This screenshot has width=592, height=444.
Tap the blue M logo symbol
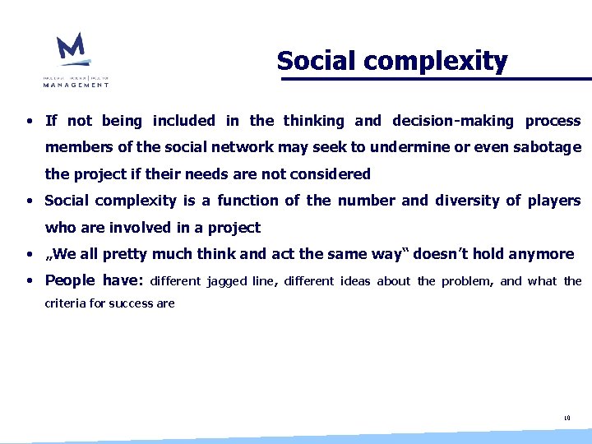pyautogui.click(x=72, y=49)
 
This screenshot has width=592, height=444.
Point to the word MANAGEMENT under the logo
pyautogui.click(x=76, y=84)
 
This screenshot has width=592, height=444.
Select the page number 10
pyautogui.click(x=567, y=419)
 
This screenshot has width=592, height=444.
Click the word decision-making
pyautogui.click(x=452, y=121)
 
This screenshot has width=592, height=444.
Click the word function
pyautogui.click(x=247, y=201)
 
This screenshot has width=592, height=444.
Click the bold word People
pyautogui.click(x=70, y=280)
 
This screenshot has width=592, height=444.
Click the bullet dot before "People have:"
pyautogui.click(x=29, y=281)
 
